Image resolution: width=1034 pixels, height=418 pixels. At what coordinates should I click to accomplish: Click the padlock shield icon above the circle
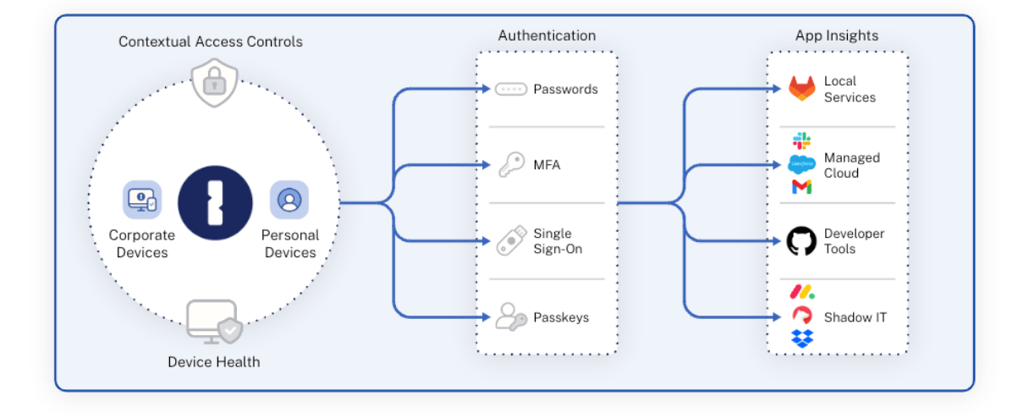coord(214,84)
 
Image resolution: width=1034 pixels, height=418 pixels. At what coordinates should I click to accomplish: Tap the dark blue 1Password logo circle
coord(215,204)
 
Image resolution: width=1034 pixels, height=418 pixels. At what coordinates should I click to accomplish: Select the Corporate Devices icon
coord(141,200)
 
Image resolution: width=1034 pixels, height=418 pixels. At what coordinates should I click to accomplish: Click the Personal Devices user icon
coord(289,200)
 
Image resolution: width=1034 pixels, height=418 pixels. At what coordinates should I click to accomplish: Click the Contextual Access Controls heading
coord(210,41)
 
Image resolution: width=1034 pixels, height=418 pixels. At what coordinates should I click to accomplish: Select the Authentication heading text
coord(547,36)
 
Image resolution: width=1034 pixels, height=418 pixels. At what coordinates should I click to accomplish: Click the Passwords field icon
coord(511,89)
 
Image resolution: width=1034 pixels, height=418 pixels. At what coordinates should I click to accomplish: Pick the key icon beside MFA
coord(510,165)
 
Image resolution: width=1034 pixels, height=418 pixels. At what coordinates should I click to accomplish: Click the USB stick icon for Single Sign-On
coord(511,241)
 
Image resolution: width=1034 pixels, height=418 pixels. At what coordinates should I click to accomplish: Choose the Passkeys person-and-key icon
coord(511,317)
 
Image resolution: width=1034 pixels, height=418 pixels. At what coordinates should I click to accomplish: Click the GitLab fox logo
coord(801,89)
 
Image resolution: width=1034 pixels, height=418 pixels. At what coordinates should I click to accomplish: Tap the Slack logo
coord(801,141)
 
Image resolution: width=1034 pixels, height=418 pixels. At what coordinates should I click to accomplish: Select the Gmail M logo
coord(801,187)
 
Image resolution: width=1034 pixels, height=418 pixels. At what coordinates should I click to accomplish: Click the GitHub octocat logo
coord(801,241)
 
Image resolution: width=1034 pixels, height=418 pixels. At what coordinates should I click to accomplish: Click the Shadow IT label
coord(855,317)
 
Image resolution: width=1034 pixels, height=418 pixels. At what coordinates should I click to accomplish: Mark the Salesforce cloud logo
coord(801,164)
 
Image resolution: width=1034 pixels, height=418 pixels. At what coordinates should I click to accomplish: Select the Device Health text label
coord(213,362)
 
